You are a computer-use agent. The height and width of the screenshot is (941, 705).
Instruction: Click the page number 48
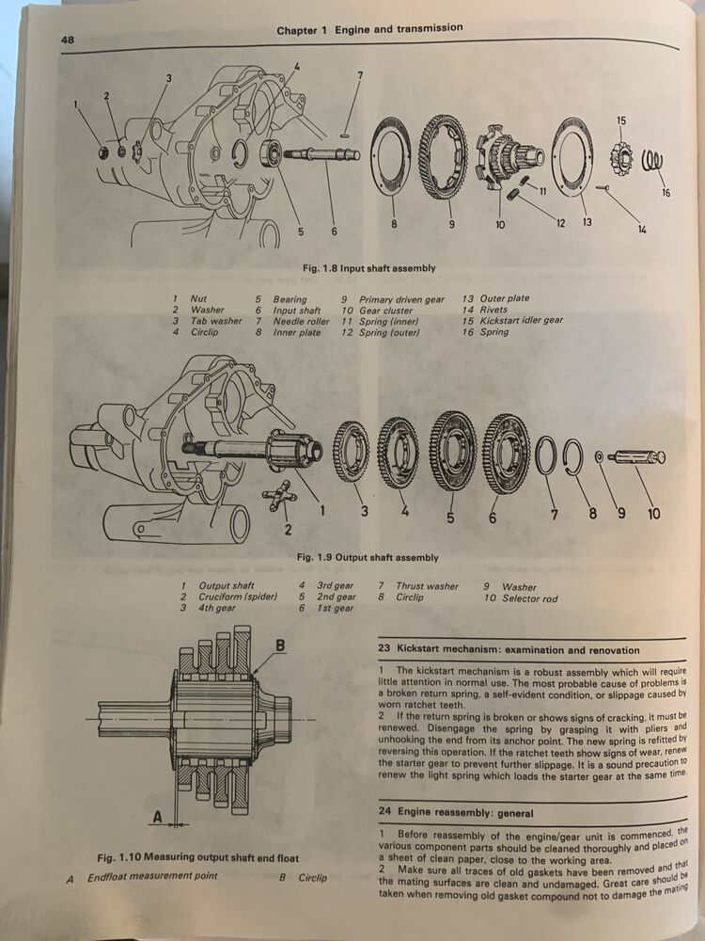coord(68,40)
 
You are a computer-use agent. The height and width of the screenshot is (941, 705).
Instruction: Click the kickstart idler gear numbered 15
coord(620,153)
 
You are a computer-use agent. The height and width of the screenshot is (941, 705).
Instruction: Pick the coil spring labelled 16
coord(650,165)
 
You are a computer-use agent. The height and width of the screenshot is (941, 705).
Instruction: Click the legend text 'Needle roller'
coord(301,321)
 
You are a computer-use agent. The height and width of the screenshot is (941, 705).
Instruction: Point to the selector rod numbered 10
coord(636,457)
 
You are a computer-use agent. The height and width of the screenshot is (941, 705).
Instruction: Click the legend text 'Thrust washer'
coord(427,585)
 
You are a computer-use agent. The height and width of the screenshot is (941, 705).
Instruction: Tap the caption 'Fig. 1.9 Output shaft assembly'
coord(368,556)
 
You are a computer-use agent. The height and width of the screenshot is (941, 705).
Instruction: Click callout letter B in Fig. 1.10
coord(279,646)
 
